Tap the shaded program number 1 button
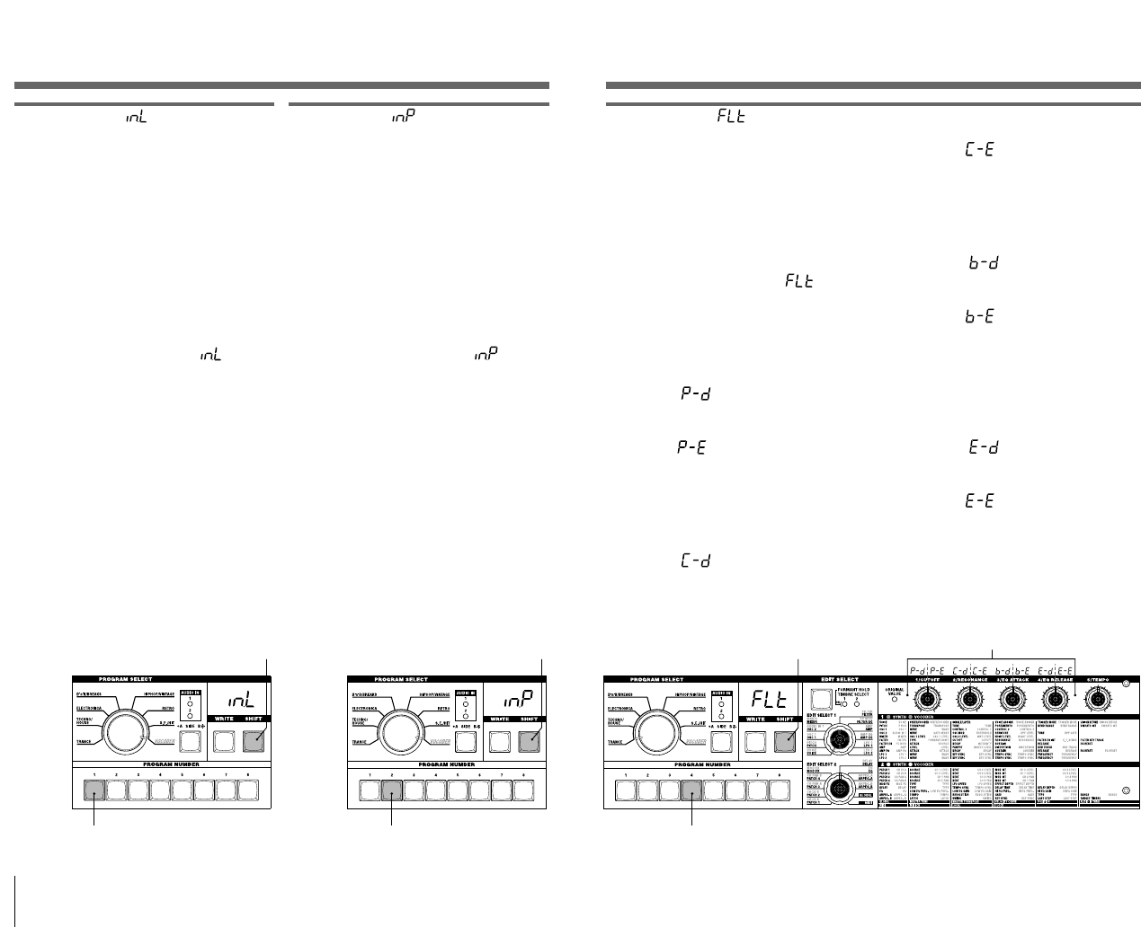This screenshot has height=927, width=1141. (94, 790)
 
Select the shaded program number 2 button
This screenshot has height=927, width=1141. (392, 790)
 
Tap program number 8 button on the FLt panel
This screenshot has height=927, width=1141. (780, 790)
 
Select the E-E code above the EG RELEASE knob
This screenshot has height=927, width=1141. (1065, 669)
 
